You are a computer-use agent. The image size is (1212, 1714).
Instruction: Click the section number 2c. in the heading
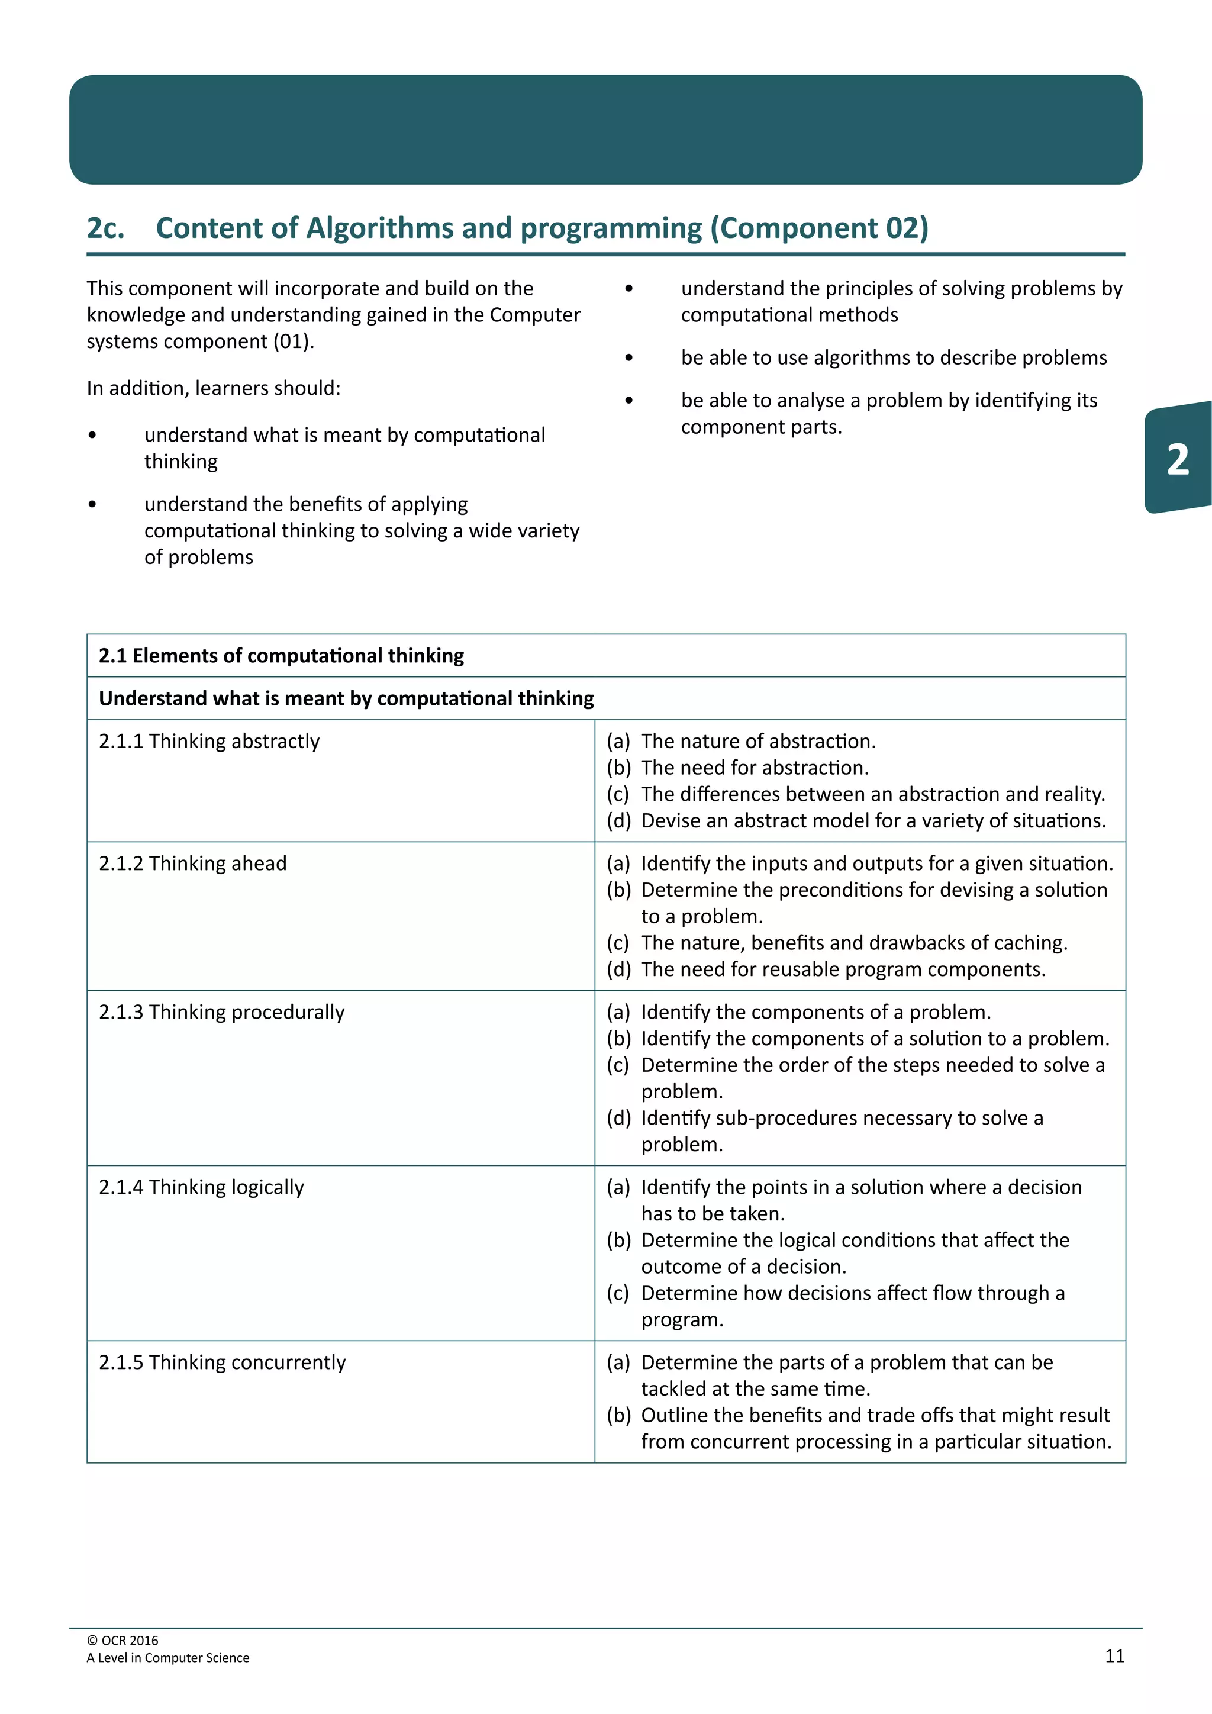tap(105, 228)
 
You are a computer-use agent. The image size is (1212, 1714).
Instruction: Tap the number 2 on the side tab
tap(1178, 459)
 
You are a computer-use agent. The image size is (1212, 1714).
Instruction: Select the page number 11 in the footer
tap(1114, 1656)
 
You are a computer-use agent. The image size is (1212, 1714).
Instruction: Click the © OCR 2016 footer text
tap(123, 1640)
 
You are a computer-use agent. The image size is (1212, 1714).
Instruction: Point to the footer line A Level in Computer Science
tap(168, 1657)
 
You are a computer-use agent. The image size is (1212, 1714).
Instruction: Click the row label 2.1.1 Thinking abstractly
tap(209, 741)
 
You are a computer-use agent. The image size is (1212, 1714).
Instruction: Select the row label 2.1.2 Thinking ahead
tap(192, 864)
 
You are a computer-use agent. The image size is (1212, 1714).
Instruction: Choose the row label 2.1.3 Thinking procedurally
tap(222, 1012)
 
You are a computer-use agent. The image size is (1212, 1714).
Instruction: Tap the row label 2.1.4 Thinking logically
tap(201, 1187)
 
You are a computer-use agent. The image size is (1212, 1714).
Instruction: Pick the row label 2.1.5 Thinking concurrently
tap(223, 1362)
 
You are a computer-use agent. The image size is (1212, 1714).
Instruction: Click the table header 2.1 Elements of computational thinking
tap(281, 655)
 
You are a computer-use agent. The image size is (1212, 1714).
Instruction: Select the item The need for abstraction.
tap(755, 768)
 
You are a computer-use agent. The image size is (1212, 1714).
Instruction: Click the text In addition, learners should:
tap(214, 388)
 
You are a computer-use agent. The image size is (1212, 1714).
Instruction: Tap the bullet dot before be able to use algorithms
tap(629, 358)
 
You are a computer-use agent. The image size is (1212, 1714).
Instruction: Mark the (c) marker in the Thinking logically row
tap(618, 1293)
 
